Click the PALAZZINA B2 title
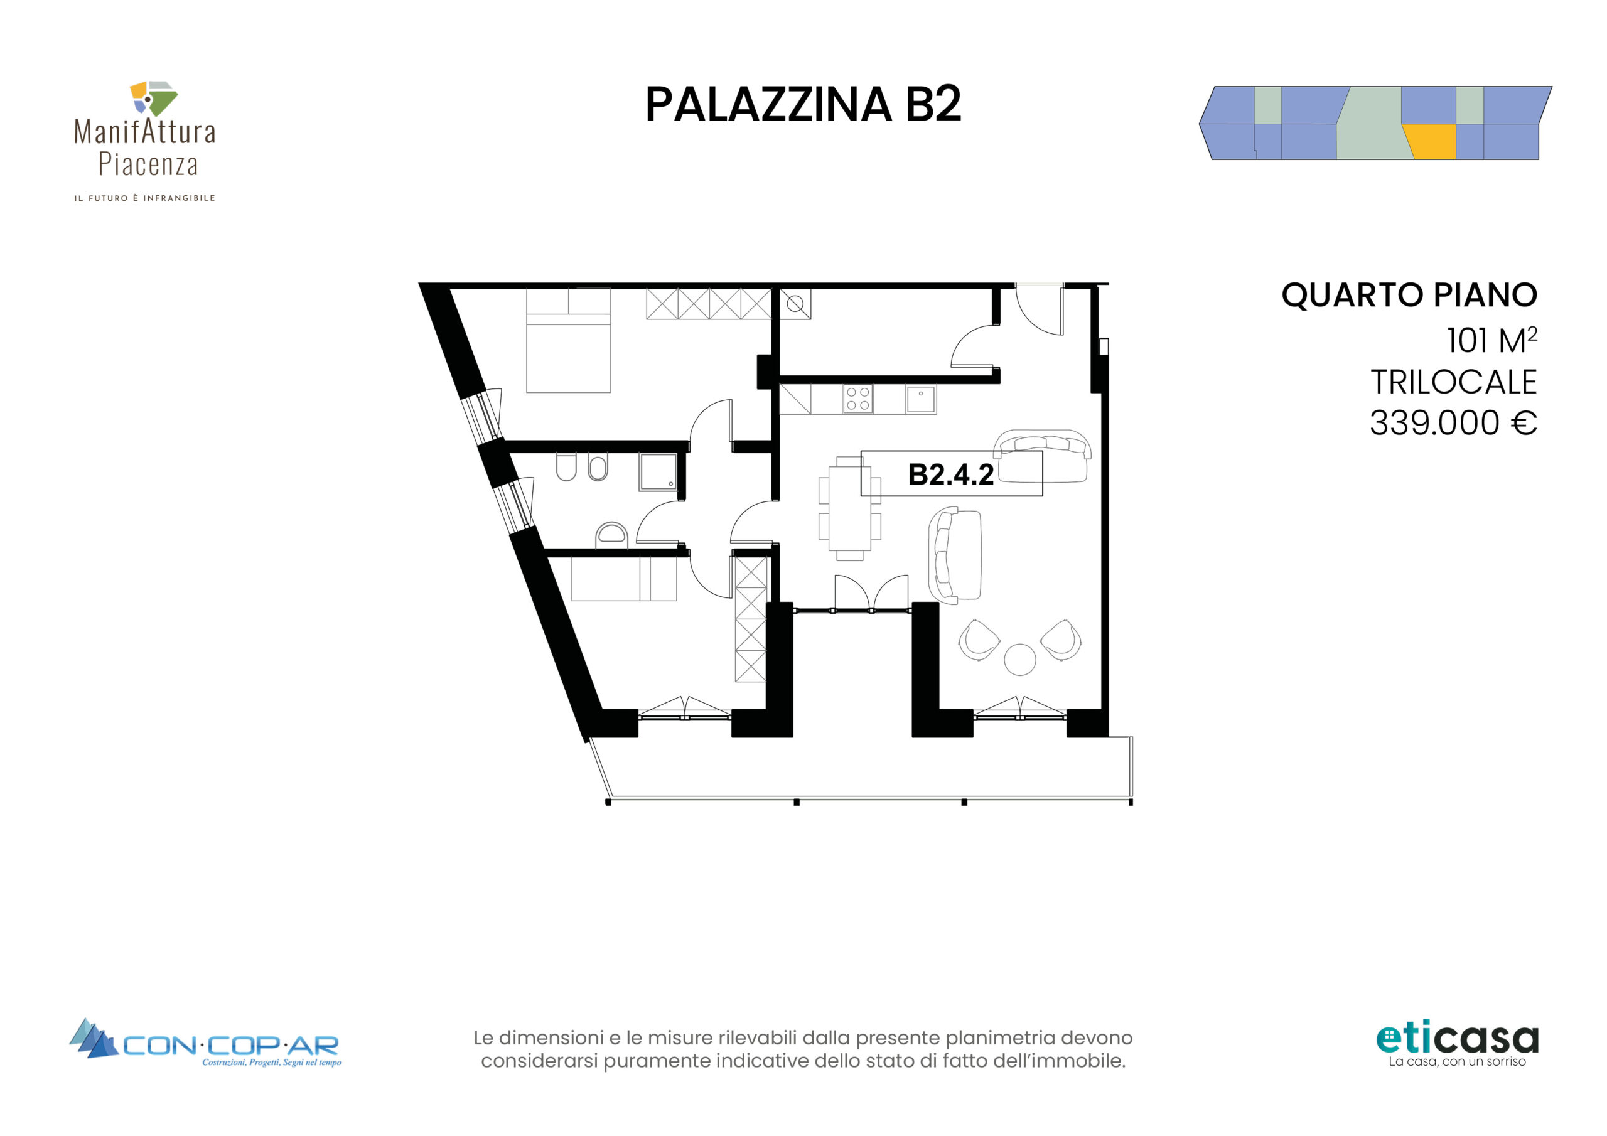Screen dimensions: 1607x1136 pos(803,105)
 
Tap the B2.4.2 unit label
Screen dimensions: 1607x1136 pos(950,474)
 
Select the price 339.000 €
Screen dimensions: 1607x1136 pos(1453,423)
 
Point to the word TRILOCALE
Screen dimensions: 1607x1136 pos(1453,382)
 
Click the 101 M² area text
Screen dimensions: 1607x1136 pos(1491,340)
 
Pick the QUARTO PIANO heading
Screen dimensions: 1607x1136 pos(1409,295)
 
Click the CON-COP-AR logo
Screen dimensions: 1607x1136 pos(205,1043)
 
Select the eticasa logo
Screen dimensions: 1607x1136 pos(1457,1045)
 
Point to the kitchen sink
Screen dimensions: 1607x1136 pos(921,400)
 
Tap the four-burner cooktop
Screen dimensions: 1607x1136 pos(858,400)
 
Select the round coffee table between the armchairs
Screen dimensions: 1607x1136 pos(1020,660)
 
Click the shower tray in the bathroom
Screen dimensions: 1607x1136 pos(658,472)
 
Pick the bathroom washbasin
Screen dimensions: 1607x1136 pos(611,536)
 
